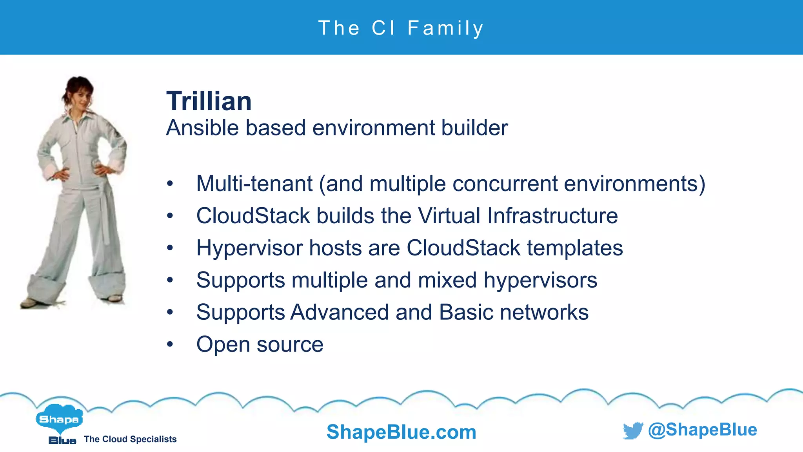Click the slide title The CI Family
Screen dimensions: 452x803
point(401,28)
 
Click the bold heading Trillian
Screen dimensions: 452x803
point(209,101)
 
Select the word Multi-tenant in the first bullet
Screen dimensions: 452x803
point(254,184)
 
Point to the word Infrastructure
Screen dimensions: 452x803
point(552,216)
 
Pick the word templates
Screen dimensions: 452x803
point(575,248)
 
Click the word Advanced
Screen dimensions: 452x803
point(340,312)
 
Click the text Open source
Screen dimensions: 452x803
point(260,344)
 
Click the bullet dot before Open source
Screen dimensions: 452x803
point(170,344)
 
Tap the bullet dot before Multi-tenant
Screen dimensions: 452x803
point(170,184)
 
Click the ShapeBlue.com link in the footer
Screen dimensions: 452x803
point(401,432)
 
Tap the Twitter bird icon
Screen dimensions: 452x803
point(633,430)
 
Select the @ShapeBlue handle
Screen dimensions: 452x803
point(702,430)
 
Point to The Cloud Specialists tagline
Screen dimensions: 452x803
point(130,439)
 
